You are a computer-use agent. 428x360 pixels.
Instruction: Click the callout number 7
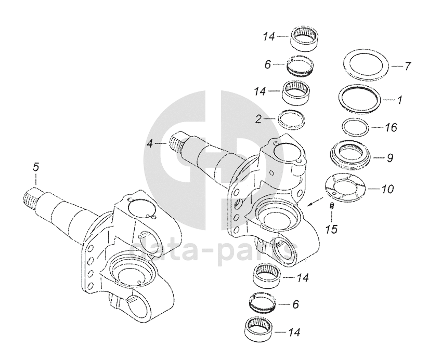pyautogui.click(x=407, y=66)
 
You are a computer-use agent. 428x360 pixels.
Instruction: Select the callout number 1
pyautogui.click(x=399, y=98)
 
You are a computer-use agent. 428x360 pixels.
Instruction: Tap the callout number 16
pyautogui.click(x=391, y=126)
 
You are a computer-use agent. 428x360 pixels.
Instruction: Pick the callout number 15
pyautogui.click(x=330, y=229)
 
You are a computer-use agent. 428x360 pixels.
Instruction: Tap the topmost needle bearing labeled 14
pyautogui.click(x=304, y=38)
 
